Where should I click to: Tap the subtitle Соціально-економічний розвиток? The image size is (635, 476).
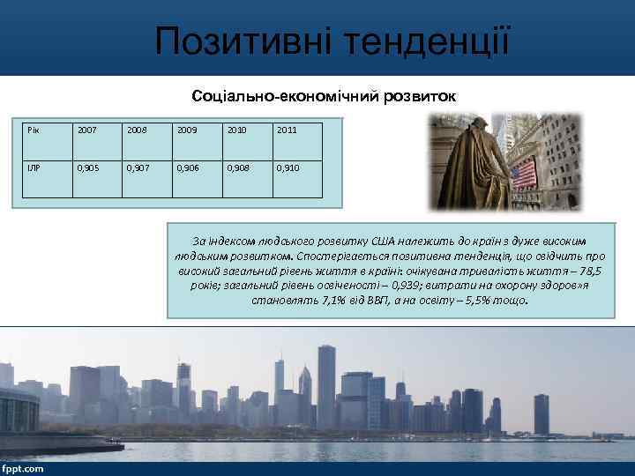[x=325, y=95]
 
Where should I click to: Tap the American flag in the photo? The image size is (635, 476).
[x=523, y=173]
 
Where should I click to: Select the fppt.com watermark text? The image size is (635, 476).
[x=23, y=468]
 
